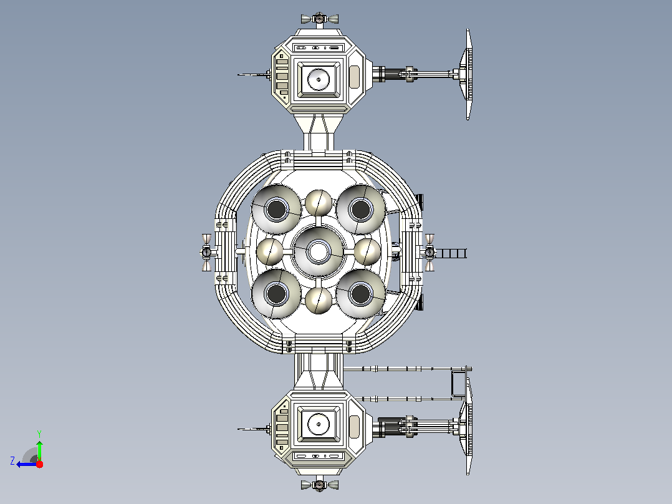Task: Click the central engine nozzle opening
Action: pos(318,251)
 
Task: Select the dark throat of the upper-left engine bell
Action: pos(276,210)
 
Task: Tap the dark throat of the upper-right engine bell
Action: pos(360,210)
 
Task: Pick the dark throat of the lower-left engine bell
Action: pos(276,294)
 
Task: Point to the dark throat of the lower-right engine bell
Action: pos(360,294)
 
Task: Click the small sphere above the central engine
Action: pos(319,203)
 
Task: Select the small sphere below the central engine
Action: pos(319,300)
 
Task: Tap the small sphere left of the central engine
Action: pos(269,252)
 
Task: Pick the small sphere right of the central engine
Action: pos(367,252)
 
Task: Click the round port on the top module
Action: pos(319,79)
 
